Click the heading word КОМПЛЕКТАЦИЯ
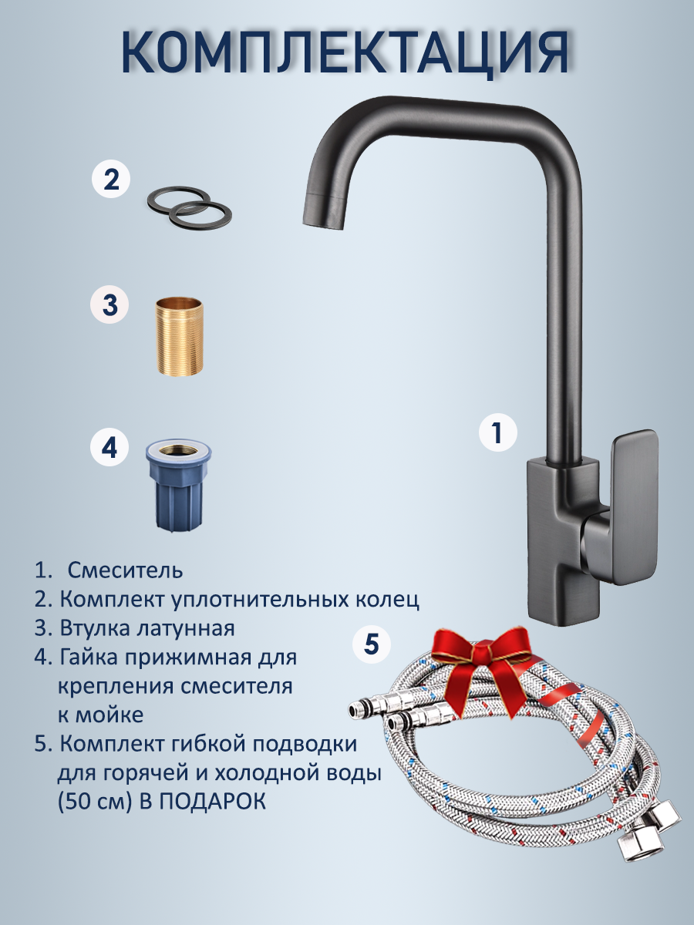point(345,53)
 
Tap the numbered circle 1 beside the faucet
point(498,432)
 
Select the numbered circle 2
point(111,179)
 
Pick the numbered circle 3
point(110,304)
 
